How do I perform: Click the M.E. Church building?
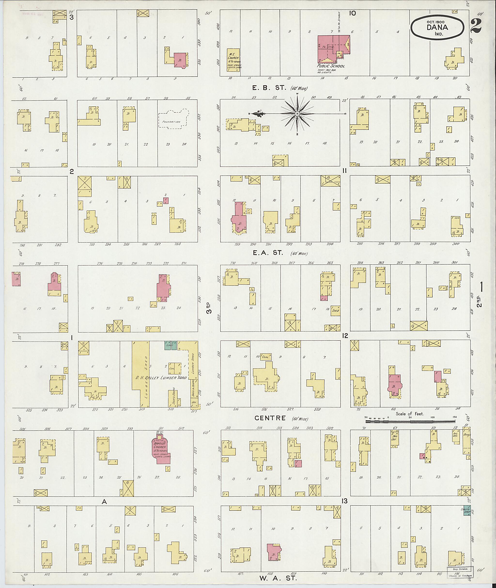click(x=233, y=60)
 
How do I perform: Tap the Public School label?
click(x=331, y=66)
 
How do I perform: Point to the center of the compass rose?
click(x=297, y=114)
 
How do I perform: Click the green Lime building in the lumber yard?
click(x=171, y=345)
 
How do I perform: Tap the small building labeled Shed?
click(x=335, y=311)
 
